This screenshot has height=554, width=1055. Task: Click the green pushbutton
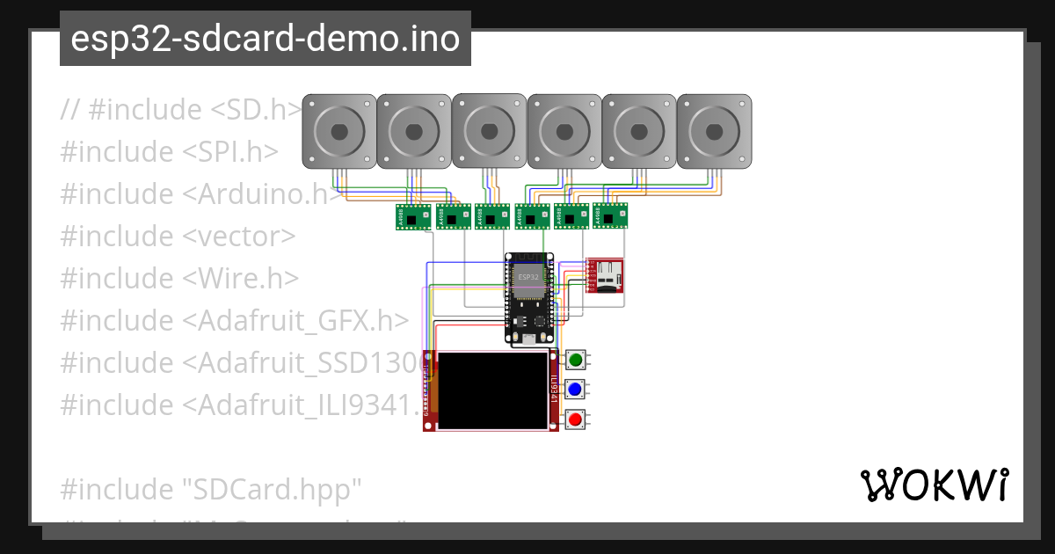tap(576, 359)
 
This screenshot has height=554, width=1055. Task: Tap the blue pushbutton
tap(576, 389)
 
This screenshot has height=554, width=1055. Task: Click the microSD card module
tap(605, 275)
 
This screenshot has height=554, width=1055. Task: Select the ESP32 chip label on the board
tap(528, 277)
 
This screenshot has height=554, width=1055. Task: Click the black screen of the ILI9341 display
tap(493, 391)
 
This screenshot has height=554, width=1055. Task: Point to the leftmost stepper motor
tap(338, 132)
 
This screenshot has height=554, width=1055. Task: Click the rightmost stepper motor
tap(713, 132)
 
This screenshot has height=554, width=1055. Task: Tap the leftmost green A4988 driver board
tap(412, 216)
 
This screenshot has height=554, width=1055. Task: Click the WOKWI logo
tap(934, 485)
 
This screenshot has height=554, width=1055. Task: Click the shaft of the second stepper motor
tap(414, 132)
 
